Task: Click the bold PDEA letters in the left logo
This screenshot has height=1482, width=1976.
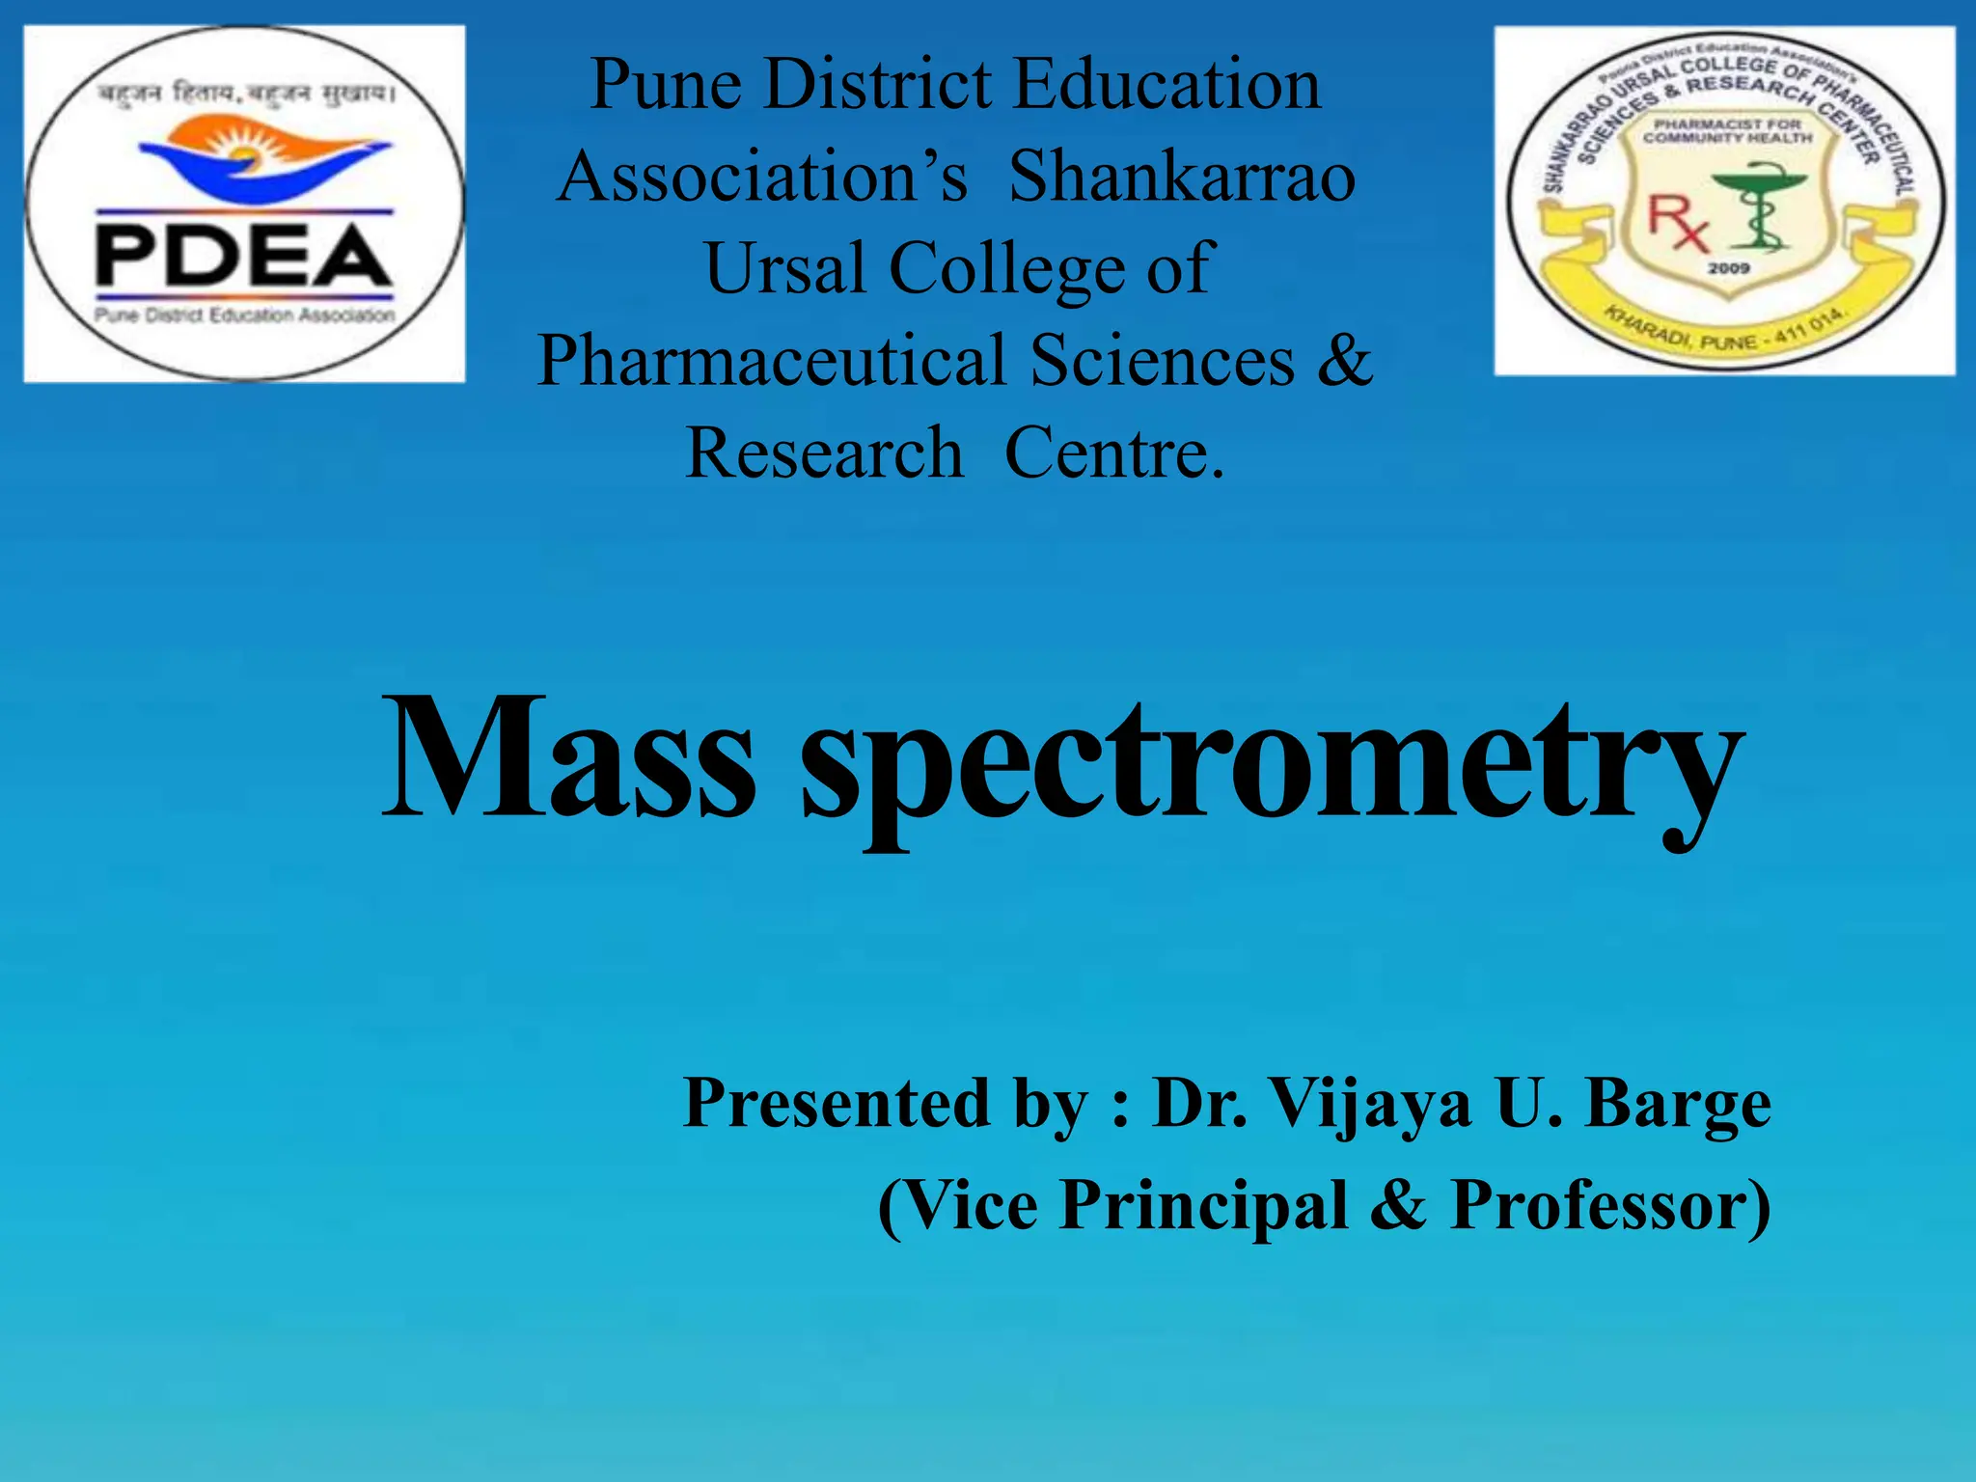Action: pos(243,255)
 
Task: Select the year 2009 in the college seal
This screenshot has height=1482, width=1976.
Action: pos(1728,268)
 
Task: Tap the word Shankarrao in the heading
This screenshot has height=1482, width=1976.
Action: pos(1182,178)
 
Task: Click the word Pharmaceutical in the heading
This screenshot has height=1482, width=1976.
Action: pos(772,361)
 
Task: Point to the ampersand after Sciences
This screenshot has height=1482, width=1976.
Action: pos(1344,359)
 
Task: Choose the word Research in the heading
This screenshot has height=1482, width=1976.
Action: pos(824,453)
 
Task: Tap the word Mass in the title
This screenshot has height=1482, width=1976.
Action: pos(569,757)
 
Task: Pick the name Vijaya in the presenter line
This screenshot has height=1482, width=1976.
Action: pos(1369,1105)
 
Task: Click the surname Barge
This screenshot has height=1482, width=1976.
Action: pos(1679,1105)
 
